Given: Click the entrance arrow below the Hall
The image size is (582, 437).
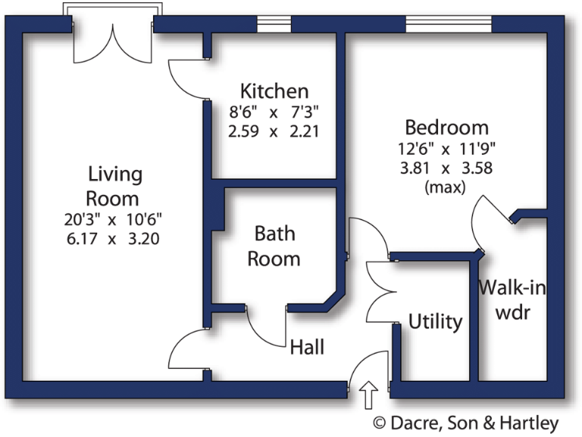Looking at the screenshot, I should point(369,396).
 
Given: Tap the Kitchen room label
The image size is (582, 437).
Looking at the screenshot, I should point(274,92).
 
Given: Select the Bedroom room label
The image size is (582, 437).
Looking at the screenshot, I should point(446,127).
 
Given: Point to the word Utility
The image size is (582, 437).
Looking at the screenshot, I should point(435,322).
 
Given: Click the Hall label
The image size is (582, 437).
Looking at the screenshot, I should point(307,347).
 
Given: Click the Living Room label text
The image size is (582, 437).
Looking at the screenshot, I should point(114,186).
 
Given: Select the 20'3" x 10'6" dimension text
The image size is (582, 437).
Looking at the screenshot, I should point(114,220).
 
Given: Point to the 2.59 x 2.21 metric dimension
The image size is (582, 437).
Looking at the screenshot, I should point(274,130).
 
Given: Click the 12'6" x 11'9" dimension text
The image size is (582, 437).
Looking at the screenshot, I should point(446,149).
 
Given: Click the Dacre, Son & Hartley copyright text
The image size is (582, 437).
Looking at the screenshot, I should point(465,423).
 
